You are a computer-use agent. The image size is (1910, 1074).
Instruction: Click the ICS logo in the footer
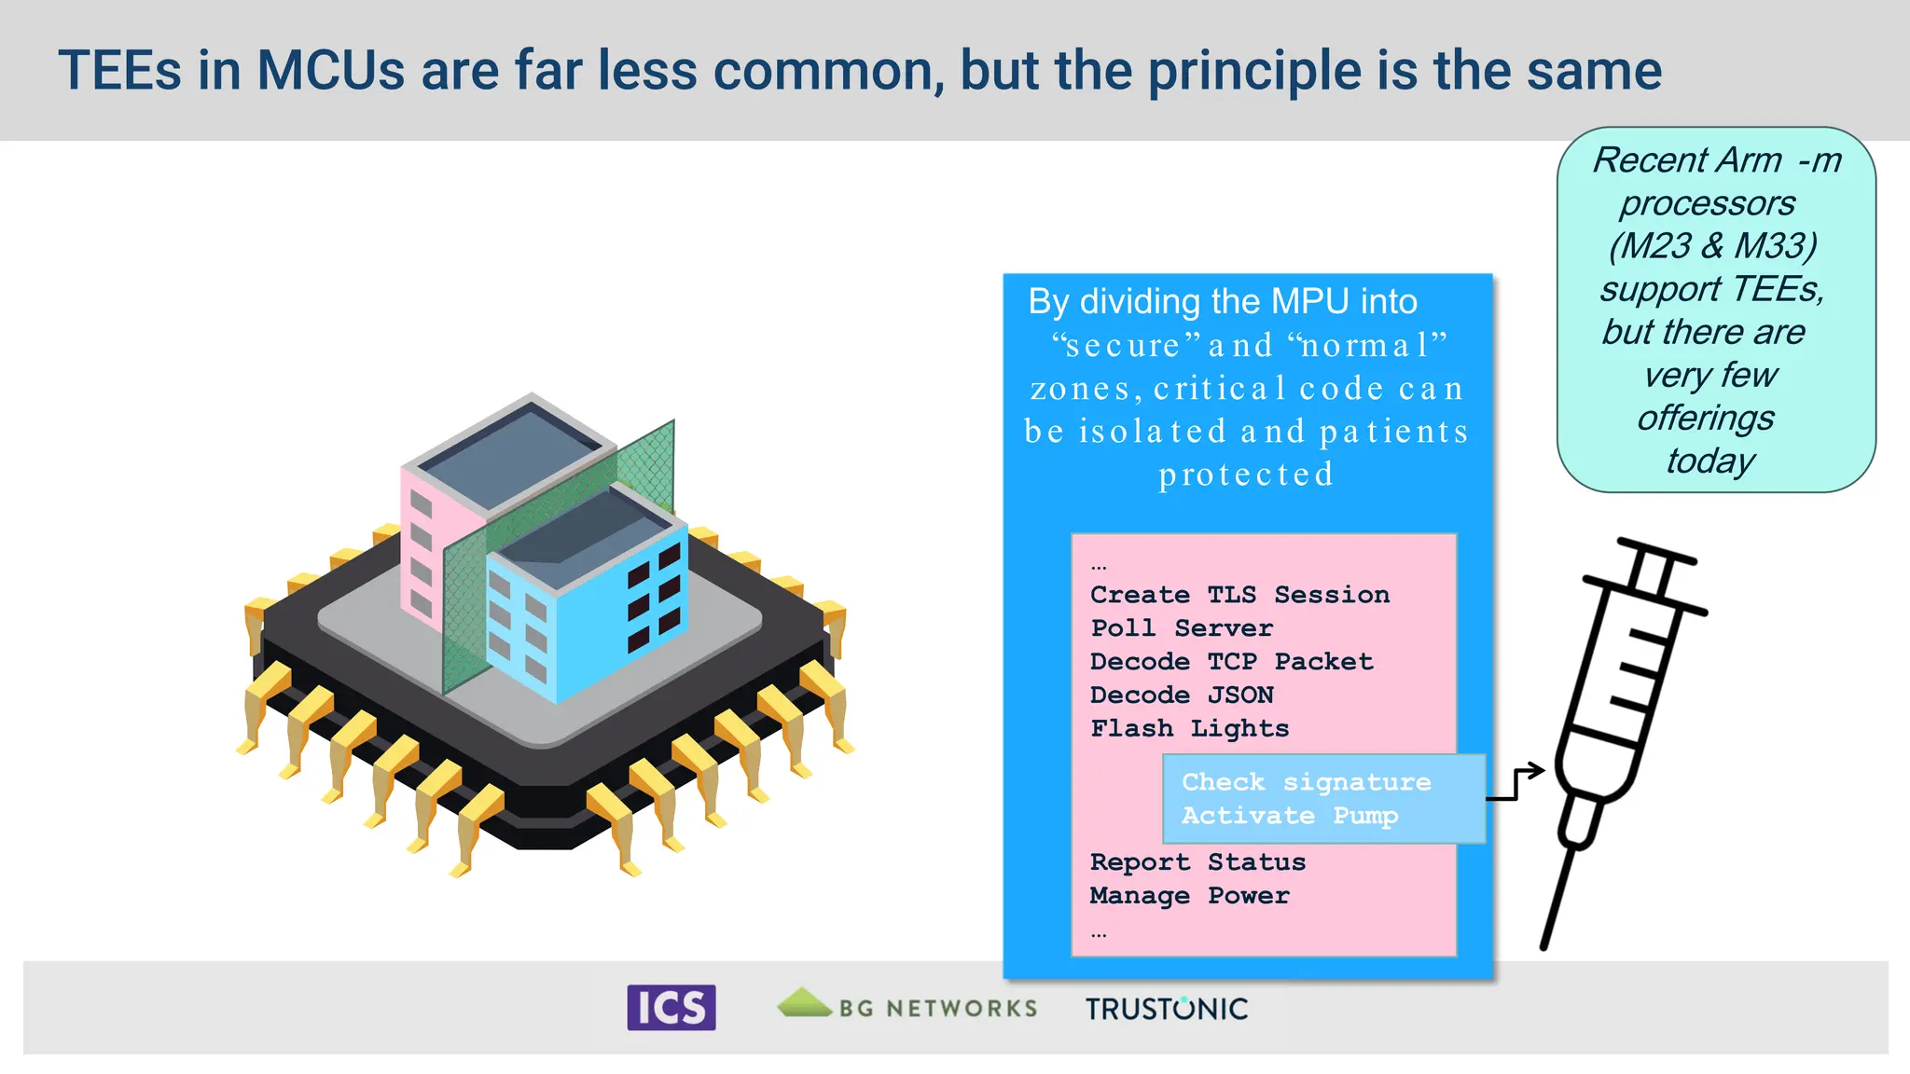click(x=671, y=1008)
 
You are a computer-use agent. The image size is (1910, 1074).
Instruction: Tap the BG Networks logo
click(x=907, y=1007)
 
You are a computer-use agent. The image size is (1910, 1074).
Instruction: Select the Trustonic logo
click(x=1166, y=1009)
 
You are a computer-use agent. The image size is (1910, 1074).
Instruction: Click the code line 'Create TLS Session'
click(x=1239, y=595)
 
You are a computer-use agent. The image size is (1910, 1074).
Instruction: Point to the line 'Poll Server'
click(x=1182, y=628)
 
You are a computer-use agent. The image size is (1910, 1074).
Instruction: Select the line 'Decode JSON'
click(x=1182, y=695)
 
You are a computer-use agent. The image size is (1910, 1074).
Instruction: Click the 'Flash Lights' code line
click(x=1190, y=729)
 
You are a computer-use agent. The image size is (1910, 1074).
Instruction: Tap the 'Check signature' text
click(x=1306, y=782)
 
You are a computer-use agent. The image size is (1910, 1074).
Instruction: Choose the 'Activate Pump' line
click(x=1290, y=816)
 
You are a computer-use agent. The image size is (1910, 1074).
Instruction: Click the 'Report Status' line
click(x=1197, y=862)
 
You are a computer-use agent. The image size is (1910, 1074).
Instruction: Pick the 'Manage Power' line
click(x=1190, y=896)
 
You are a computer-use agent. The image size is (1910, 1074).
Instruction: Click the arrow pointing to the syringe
click(x=1516, y=783)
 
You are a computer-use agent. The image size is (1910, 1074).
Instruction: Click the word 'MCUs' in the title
click(x=331, y=71)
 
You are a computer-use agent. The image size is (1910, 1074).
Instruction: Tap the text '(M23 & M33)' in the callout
click(x=1712, y=246)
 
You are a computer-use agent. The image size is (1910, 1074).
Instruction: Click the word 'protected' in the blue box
click(x=1246, y=475)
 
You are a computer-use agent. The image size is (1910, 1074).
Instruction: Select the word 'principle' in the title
click(x=1254, y=71)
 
